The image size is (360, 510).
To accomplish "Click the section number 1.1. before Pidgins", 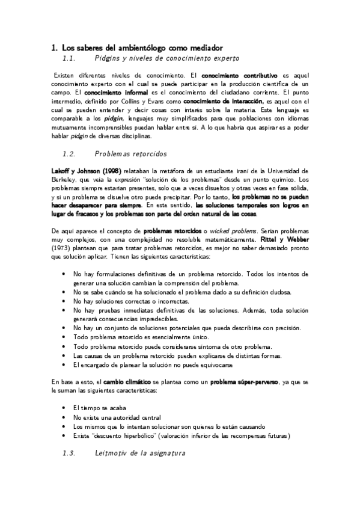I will [71, 58].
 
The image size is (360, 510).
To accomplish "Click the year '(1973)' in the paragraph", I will [61, 249].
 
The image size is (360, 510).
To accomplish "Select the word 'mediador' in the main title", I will [204, 46].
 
